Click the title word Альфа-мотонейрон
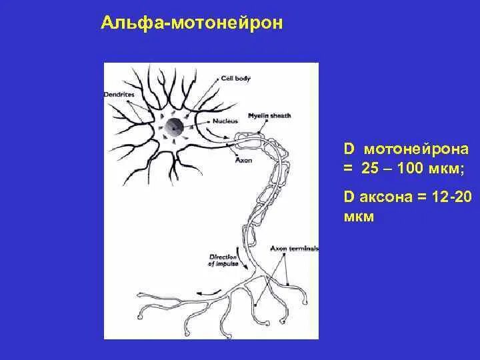point(191,24)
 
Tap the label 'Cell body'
point(237,79)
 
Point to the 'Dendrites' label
point(119,95)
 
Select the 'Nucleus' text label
point(225,121)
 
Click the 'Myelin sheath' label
point(269,115)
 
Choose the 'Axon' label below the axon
point(243,161)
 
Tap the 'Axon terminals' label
point(294,249)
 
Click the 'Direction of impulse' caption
point(223,259)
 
